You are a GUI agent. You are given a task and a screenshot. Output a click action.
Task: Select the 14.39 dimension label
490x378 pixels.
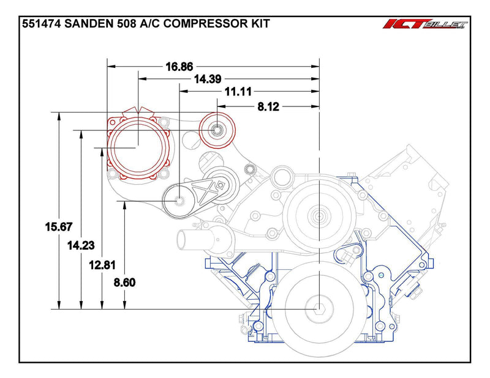(208, 79)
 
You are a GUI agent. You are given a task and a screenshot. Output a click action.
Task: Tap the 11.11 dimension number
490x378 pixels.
(238, 92)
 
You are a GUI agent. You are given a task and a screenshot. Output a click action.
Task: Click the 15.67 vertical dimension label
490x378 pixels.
(58, 226)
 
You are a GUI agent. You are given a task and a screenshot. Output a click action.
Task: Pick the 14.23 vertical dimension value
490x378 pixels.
(81, 245)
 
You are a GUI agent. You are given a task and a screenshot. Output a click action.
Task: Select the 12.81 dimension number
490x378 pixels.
(102, 265)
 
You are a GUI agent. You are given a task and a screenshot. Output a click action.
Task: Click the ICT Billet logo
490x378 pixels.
(425, 25)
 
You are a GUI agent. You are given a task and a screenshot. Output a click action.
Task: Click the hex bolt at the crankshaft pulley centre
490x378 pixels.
(319, 309)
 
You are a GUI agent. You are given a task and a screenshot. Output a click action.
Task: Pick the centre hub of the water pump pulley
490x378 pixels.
(319, 215)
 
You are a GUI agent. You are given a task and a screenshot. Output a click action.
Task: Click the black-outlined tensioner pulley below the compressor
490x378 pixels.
(179, 200)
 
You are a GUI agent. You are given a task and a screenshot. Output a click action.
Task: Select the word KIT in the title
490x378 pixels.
(260, 24)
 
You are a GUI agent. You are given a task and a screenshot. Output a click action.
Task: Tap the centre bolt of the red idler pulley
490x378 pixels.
(218, 130)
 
